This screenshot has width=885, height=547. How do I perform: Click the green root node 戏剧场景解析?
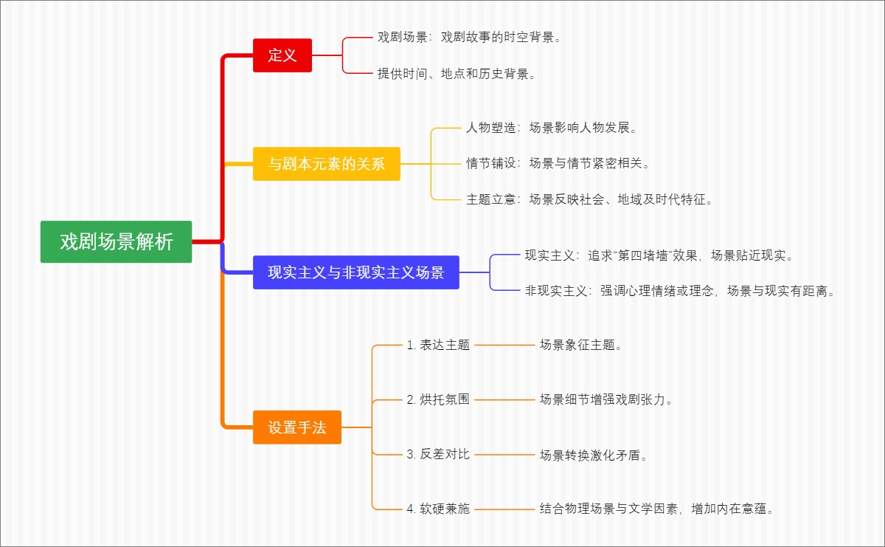coord(116,241)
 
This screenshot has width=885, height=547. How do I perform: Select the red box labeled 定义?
coord(282,55)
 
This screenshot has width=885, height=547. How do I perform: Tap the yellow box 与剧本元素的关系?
coord(326,164)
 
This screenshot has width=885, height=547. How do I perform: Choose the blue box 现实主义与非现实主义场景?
coord(355,272)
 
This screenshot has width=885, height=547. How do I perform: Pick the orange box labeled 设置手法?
coord(296,427)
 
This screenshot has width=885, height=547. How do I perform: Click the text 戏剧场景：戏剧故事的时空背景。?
coord(470,37)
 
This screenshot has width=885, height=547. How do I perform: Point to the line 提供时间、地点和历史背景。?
coord(457,74)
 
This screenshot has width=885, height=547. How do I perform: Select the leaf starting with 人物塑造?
coord(552,128)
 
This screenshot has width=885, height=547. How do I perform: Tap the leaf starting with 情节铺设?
coord(558,163)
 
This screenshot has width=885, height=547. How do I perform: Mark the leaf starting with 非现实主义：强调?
coord(681,291)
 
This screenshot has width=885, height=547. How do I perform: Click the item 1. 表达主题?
coord(438,345)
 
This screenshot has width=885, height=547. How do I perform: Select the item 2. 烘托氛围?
coord(438,399)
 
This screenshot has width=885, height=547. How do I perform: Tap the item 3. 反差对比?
coord(438,454)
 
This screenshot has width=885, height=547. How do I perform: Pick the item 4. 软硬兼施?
coord(438,509)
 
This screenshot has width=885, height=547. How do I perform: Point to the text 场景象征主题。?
coord(581,345)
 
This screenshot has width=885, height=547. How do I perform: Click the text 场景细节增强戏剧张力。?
coord(606,399)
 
